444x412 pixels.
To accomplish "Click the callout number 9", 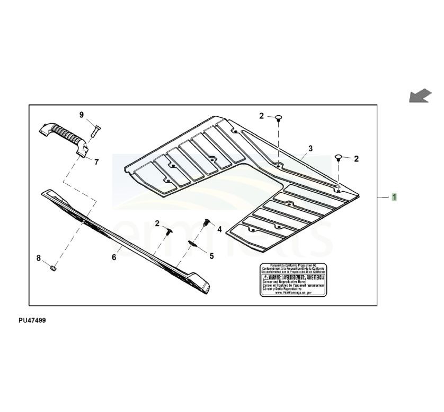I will pos(82,115).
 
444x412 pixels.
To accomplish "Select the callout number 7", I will pos(96,162).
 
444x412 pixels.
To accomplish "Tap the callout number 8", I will pos(39,258).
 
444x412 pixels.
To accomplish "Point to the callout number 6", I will pos(113,257).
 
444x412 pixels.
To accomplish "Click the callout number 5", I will pos(211,256).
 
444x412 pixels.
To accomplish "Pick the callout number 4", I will pos(219,229).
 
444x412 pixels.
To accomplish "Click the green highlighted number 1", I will pos(394,198).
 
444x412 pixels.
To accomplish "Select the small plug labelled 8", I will pos(53,267).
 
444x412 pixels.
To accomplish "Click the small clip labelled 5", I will pos(193,245).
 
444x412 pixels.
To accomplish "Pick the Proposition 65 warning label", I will pos(292,279).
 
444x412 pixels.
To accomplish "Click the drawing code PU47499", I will pos(32,321).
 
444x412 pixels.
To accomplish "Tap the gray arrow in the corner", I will pos(420,96).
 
